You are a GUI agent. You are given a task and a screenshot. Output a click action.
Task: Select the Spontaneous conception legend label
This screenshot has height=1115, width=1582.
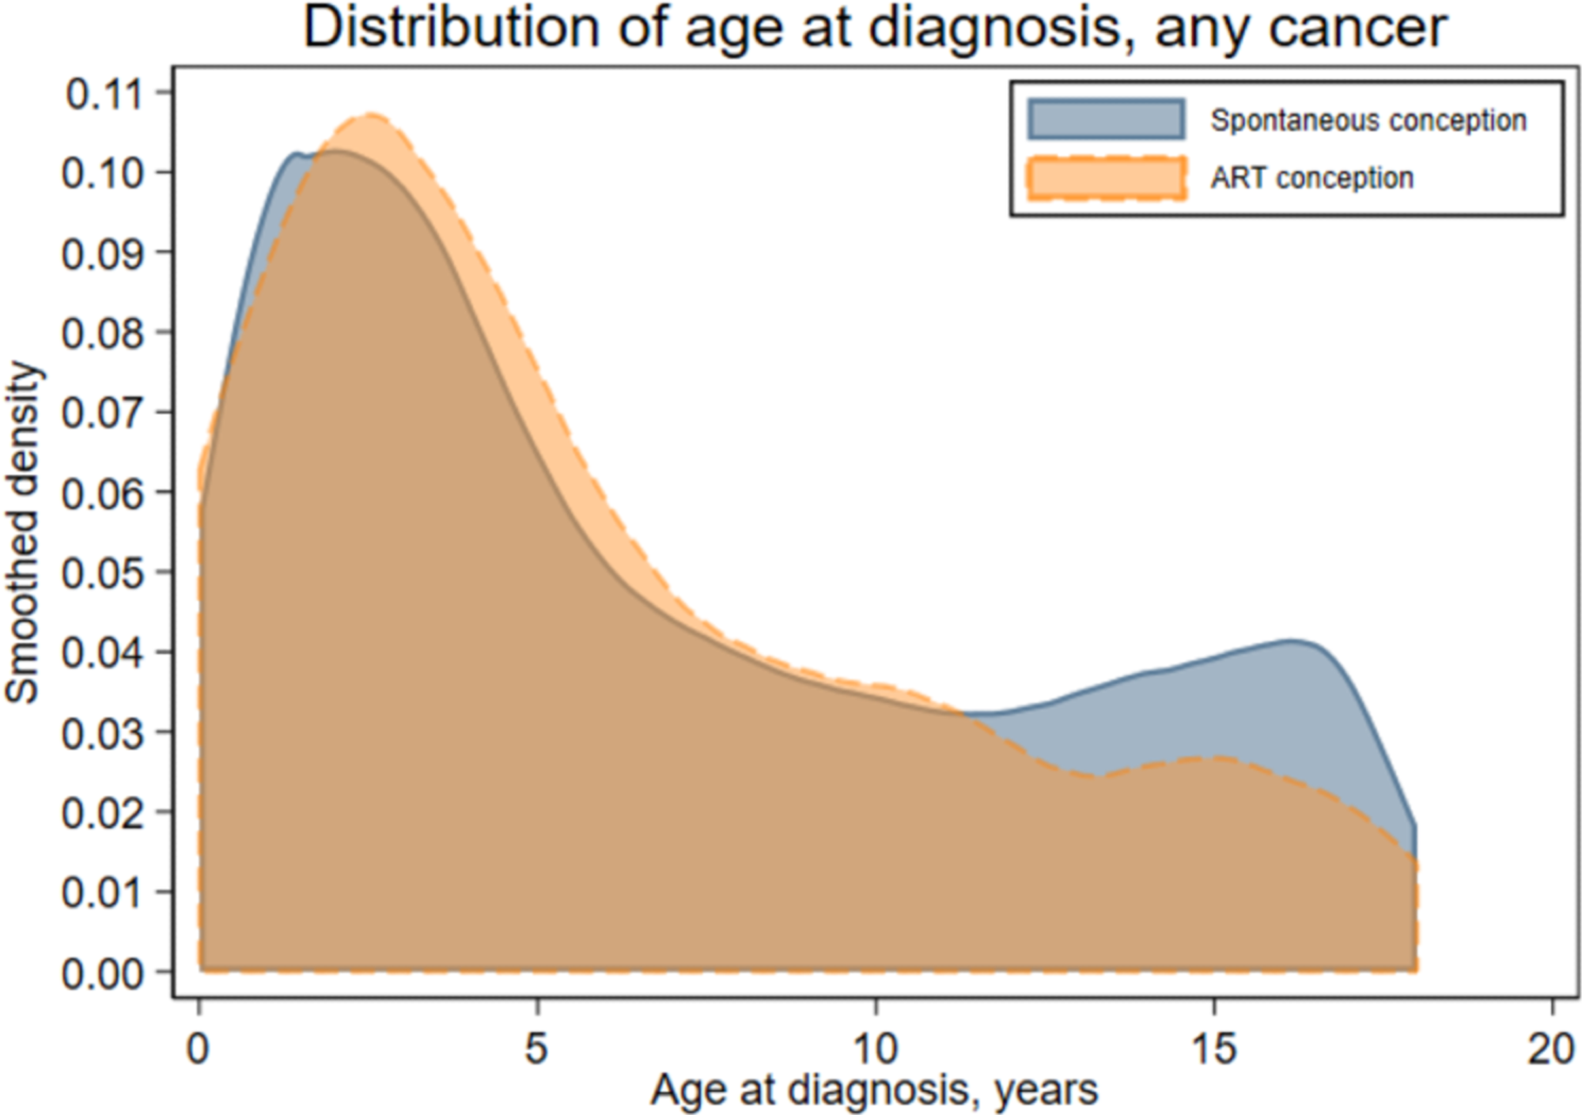pyautogui.click(x=1368, y=120)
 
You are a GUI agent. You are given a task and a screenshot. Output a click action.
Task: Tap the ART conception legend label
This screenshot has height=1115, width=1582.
pyautogui.click(x=1311, y=178)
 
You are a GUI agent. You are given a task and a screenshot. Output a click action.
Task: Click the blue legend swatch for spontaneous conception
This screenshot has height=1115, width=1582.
pyautogui.click(x=1106, y=119)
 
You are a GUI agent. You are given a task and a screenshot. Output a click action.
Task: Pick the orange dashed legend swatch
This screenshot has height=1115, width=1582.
pyautogui.click(x=1106, y=178)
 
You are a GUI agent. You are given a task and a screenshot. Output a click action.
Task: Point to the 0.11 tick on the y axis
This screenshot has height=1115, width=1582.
pyautogui.click(x=103, y=94)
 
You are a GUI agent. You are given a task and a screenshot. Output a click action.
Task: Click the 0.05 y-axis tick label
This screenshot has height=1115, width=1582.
pyautogui.click(x=103, y=573)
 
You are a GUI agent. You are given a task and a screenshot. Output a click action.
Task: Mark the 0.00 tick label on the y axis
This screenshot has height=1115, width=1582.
pyautogui.click(x=103, y=973)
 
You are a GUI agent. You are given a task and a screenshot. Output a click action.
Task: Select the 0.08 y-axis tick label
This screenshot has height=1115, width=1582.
pyautogui.click(x=103, y=333)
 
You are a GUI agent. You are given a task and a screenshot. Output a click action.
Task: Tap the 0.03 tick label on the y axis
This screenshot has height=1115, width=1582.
pyautogui.click(x=103, y=734)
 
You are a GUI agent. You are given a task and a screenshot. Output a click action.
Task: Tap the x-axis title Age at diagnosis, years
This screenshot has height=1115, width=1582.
pyautogui.click(x=874, y=1090)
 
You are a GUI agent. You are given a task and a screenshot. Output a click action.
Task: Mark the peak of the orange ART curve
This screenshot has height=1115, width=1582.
pyautogui.click(x=369, y=116)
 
